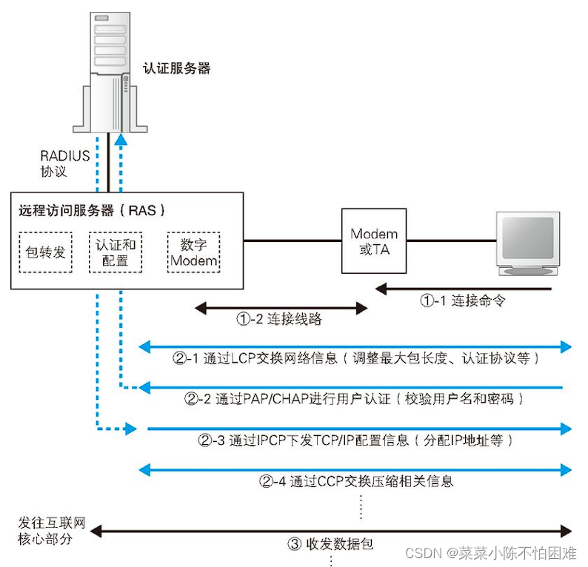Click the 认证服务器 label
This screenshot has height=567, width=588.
point(176,68)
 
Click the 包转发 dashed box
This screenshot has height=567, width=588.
point(45,252)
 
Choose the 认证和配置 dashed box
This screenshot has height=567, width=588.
point(116,252)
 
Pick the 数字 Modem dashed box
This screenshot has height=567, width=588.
point(194,252)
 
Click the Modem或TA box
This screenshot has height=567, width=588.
point(374,241)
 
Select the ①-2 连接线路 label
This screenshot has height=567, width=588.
point(280,321)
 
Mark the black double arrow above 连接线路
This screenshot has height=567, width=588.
point(281,307)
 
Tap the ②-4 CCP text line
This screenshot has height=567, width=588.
point(355,481)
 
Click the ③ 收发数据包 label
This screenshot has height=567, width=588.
point(330,544)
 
